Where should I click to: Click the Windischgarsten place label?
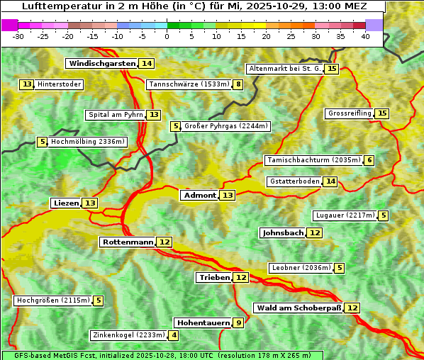101,64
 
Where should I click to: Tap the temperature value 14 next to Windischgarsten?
147,64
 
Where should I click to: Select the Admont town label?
199,196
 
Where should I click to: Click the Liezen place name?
66,203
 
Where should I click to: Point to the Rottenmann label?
128,242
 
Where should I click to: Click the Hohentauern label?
203,323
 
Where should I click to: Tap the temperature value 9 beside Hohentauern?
239,323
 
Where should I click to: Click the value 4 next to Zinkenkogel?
174,335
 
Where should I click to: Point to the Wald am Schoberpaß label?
299,308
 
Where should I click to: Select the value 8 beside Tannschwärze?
239,85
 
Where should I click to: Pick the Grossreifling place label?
350,113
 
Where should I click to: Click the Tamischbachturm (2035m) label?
313,160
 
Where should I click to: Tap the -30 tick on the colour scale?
19,36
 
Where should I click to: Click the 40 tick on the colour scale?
365,36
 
